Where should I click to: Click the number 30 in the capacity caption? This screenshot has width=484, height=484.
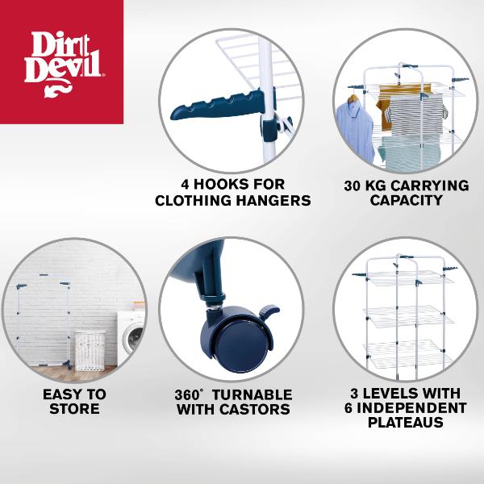353,185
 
